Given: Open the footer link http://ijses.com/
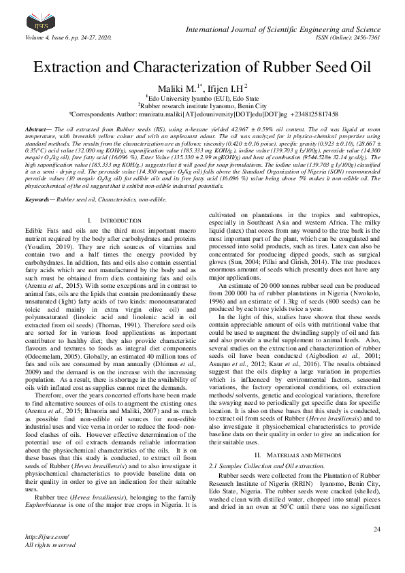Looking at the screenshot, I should (44, 556).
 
